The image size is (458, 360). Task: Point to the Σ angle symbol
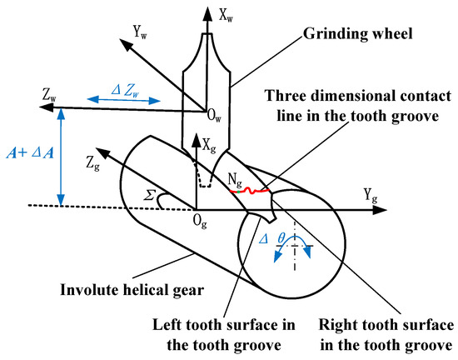pyautogui.click(x=150, y=193)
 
